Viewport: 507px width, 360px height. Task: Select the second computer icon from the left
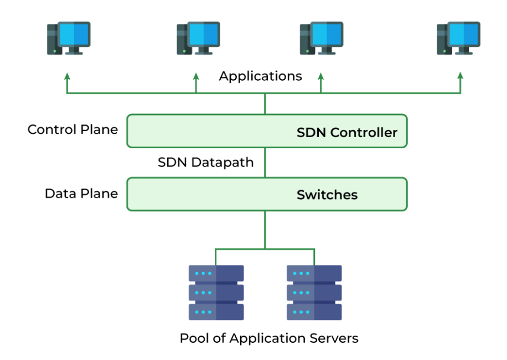pyautogui.click(x=198, y=38)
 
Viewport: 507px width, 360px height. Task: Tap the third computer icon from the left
pyautogui.click(x=322, y=38)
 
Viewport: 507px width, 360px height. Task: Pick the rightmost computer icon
pyautogui.click(x=458, y=38)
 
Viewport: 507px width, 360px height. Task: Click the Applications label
pyautogui.click(x=260, y=76)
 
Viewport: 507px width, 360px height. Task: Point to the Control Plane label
pyautogui.click(x=73, y=130)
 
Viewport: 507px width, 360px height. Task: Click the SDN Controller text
pyautogui.click(x=347, y=133)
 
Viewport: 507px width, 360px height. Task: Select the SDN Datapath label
pyautogui.click(x=206, y=163)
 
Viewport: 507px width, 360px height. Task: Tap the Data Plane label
pyautogui.click(x=81, y=194)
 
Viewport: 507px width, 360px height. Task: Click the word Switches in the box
pyautogui.click(x=327, y=195)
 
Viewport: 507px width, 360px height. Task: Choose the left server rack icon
pyautogui.click(x=216, y=293)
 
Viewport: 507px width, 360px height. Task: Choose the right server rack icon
pyautogui.click(x=314, y=293)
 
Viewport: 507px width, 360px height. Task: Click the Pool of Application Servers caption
pyautogui.click(x=269, y=338)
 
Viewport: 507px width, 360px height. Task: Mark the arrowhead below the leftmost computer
pyautogui.click(x=68, y=75)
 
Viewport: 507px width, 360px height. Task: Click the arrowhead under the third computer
pyautogui.click(x=320, y=75)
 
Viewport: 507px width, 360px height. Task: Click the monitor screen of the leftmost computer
pyautogui.click(x=74, y=34)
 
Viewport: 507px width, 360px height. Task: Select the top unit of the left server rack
pyautogui.click(x=216, y=274)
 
